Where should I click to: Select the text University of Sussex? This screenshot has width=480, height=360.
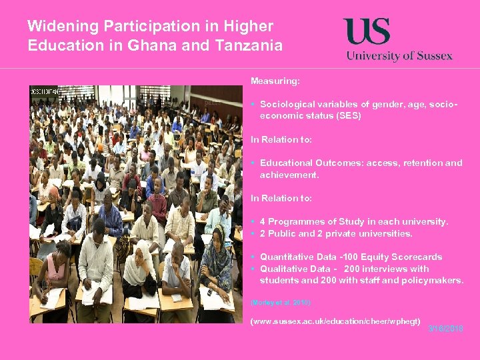[399, 56]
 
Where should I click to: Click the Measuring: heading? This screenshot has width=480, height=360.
[275, 81]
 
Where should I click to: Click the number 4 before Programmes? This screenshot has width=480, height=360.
[263, 221]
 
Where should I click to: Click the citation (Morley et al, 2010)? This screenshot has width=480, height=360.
[281, 303]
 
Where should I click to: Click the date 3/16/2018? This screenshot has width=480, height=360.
[445, 329]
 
